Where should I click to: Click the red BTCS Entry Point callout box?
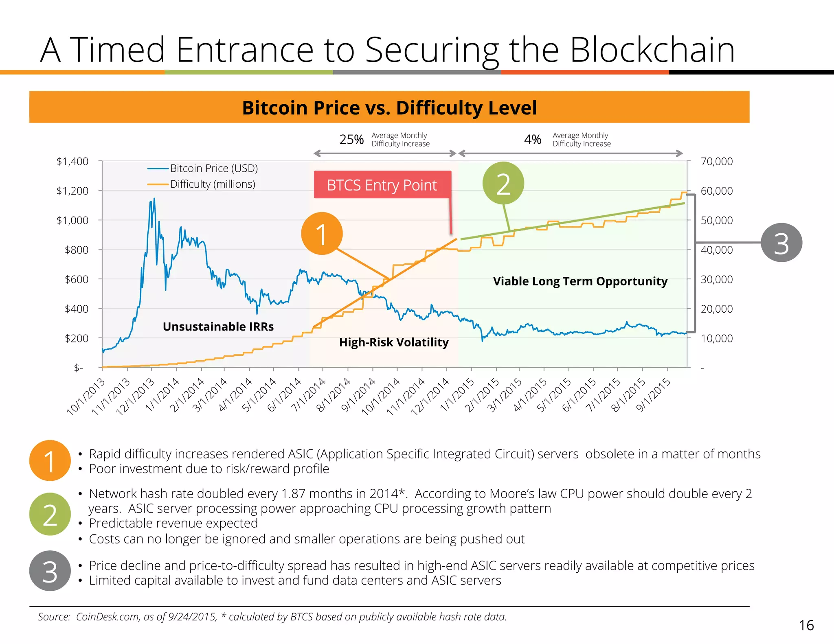(x=382, y=185)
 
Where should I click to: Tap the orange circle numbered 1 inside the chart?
(x=322, y=234)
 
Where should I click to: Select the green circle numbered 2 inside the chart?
(x=503, y=183)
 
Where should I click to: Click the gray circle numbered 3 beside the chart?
(x=781, y=243)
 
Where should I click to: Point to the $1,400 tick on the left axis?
(x=72, y=162)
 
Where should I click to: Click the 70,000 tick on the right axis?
(x=716, y=162)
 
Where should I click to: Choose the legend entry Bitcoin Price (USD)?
(x=214, y=168)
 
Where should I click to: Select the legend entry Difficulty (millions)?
(x=213, y=184)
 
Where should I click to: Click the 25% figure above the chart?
(x=351, y=140)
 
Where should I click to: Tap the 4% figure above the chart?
(x=533, y=140)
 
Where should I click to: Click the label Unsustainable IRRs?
(x=218, y=326)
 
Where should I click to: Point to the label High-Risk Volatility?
(x=394, y=342)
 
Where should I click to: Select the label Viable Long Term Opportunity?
(x=580, y=281)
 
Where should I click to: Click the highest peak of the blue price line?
(x=154, y=199)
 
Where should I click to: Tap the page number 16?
(x=806, y=625)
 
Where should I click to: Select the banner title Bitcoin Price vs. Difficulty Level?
(x=389, y=108)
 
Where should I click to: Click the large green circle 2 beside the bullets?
(x=50, y=514)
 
